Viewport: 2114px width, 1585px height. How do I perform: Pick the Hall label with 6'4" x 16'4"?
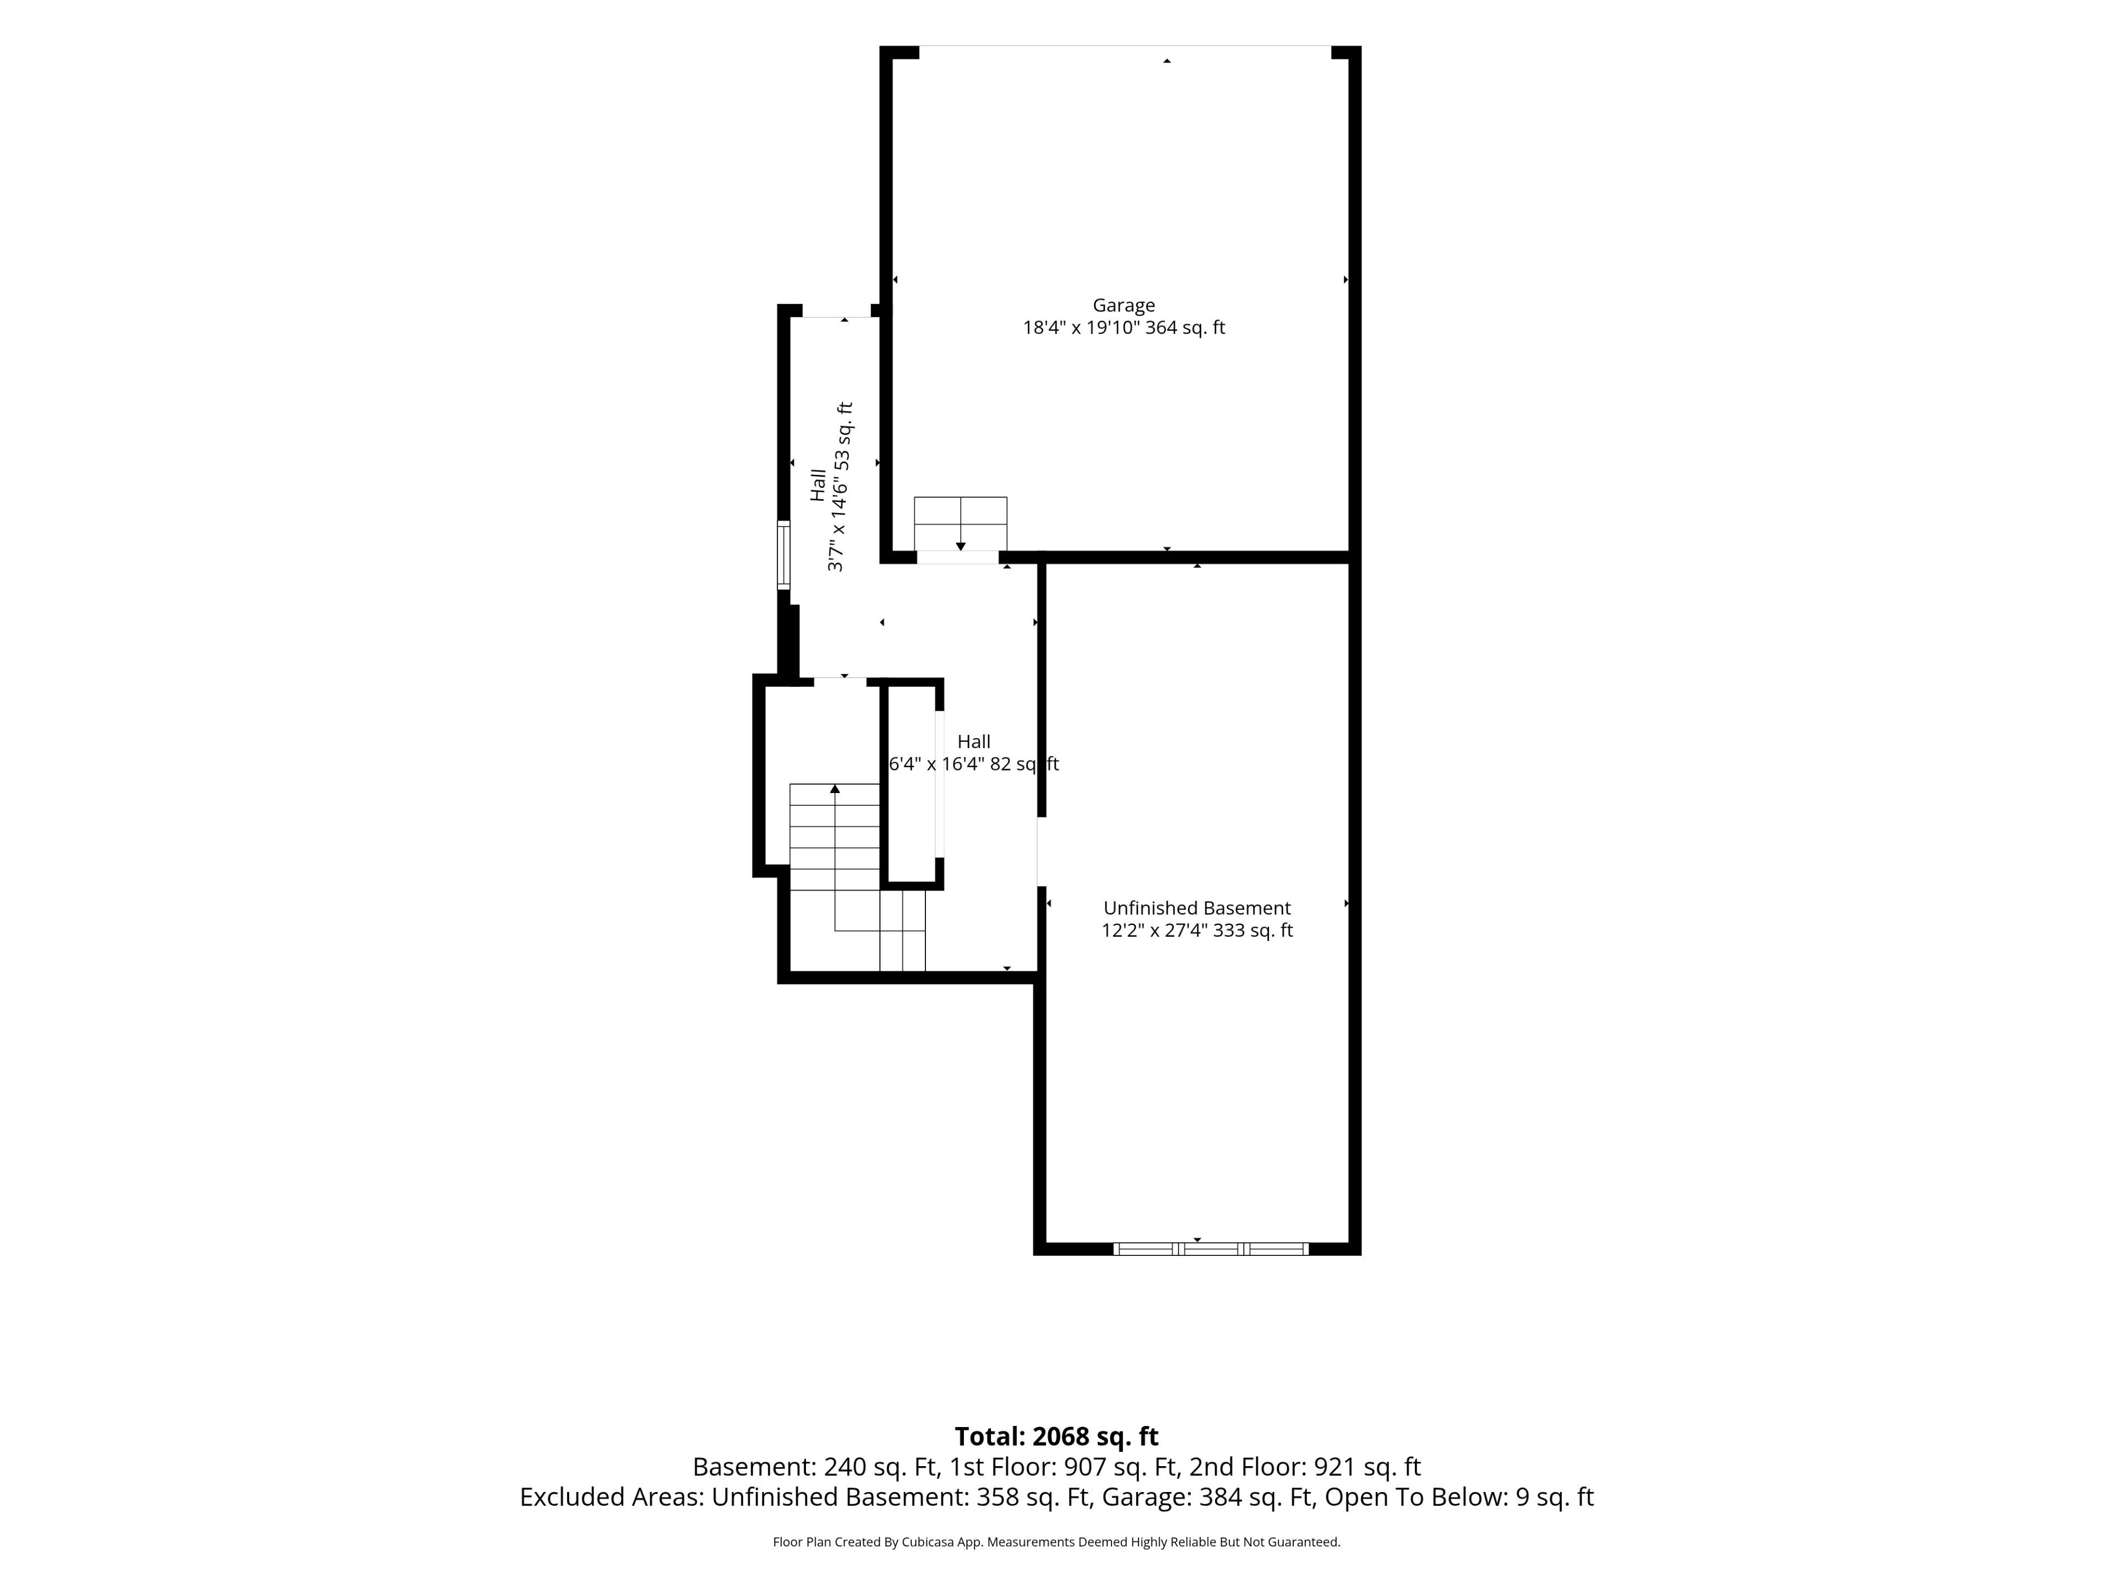pos(974,753)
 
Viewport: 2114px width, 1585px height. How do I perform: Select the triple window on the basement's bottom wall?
pos(1211,1249)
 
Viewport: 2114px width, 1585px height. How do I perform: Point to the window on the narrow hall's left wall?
pos(784,555)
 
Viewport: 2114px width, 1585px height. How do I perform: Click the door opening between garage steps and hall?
pos(958,557)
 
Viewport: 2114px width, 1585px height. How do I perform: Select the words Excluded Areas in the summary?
pos(611,1497)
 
